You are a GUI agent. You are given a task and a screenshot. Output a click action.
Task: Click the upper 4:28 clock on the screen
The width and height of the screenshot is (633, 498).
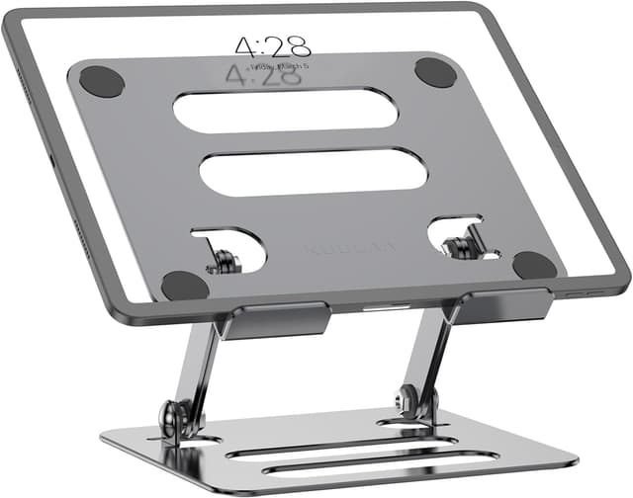tap(273, 44)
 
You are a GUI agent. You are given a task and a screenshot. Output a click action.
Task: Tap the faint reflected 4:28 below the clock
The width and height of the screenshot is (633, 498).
tap(263, 76)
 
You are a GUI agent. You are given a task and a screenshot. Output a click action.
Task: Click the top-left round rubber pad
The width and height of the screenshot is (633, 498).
tap(101, 80)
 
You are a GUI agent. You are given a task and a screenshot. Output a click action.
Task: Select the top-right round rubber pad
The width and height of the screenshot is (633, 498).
tap(435, 71)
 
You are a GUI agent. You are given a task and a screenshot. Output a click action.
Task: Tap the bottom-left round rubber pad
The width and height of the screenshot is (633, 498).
tap(185, 286)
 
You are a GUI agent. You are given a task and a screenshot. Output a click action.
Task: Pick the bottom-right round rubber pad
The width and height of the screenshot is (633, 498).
tap(535, 265)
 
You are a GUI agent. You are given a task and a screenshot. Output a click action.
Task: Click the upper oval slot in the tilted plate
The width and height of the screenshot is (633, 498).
tap(285, 111)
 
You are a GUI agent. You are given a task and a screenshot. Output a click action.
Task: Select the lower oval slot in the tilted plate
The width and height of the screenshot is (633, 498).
tap(313, 172)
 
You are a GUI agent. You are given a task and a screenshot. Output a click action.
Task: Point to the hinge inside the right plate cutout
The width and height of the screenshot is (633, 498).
tap(459, 245)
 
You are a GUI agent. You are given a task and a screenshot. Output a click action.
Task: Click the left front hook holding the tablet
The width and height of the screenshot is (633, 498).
tap(273, 321)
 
